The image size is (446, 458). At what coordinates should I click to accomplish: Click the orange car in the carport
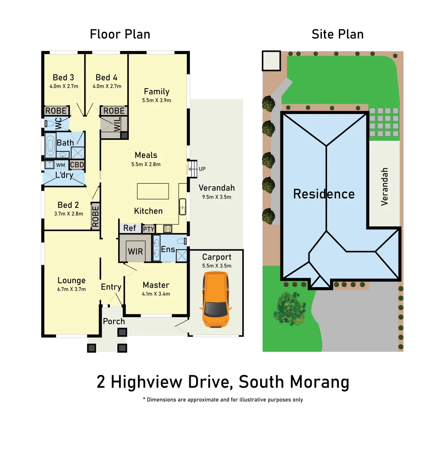[x=216, y=299]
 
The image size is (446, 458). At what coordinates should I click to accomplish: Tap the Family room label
[x=156, y=92]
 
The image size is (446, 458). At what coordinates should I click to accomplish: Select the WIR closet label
[x=135, y=251]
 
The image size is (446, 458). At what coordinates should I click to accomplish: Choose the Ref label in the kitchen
[x=130, y=228]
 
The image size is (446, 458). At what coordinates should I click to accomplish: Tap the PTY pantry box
[x=148, y=229]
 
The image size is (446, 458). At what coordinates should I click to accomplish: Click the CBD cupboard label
[x=77, y=165]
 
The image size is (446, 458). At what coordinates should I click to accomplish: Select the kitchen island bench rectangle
[x=153, y=191]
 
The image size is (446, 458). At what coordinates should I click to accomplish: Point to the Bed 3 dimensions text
[x=63, y=87]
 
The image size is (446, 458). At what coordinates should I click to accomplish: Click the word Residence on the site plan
[x=324, y=194]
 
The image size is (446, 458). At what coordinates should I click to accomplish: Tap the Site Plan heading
[x=338, y=34]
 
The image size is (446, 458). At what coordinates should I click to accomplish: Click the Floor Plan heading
[x=120, y=34]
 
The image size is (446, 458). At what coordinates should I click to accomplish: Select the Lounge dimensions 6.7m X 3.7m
[x=72, y=289]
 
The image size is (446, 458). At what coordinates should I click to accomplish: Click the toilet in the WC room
[x=49, y=124]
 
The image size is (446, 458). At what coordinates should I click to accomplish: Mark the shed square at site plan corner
[x=271, y=61]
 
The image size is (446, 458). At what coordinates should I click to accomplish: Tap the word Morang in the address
[x=320, y=382]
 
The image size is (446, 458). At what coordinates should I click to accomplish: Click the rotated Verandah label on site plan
[x=385, y=187]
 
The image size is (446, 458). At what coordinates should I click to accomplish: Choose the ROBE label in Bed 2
[x=95, y=216]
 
